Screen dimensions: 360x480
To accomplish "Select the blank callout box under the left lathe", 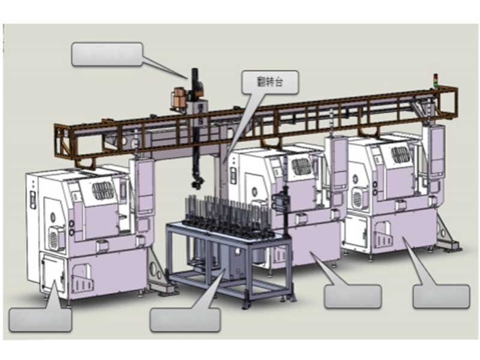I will [x=40, y=319].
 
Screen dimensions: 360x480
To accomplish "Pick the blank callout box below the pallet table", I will [x=185, y=319].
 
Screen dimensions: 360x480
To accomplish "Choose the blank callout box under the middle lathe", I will [x=352, y=296].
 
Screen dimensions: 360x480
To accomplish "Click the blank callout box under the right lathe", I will [x=441, y=296].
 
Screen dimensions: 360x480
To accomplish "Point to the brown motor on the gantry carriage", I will [x=178, y=99].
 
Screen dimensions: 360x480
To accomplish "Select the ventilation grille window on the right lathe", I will [x=401, y=154].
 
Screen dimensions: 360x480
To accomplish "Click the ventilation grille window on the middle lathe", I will [x=302, y=166].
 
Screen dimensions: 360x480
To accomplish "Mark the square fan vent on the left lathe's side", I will [x=57, y=237].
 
